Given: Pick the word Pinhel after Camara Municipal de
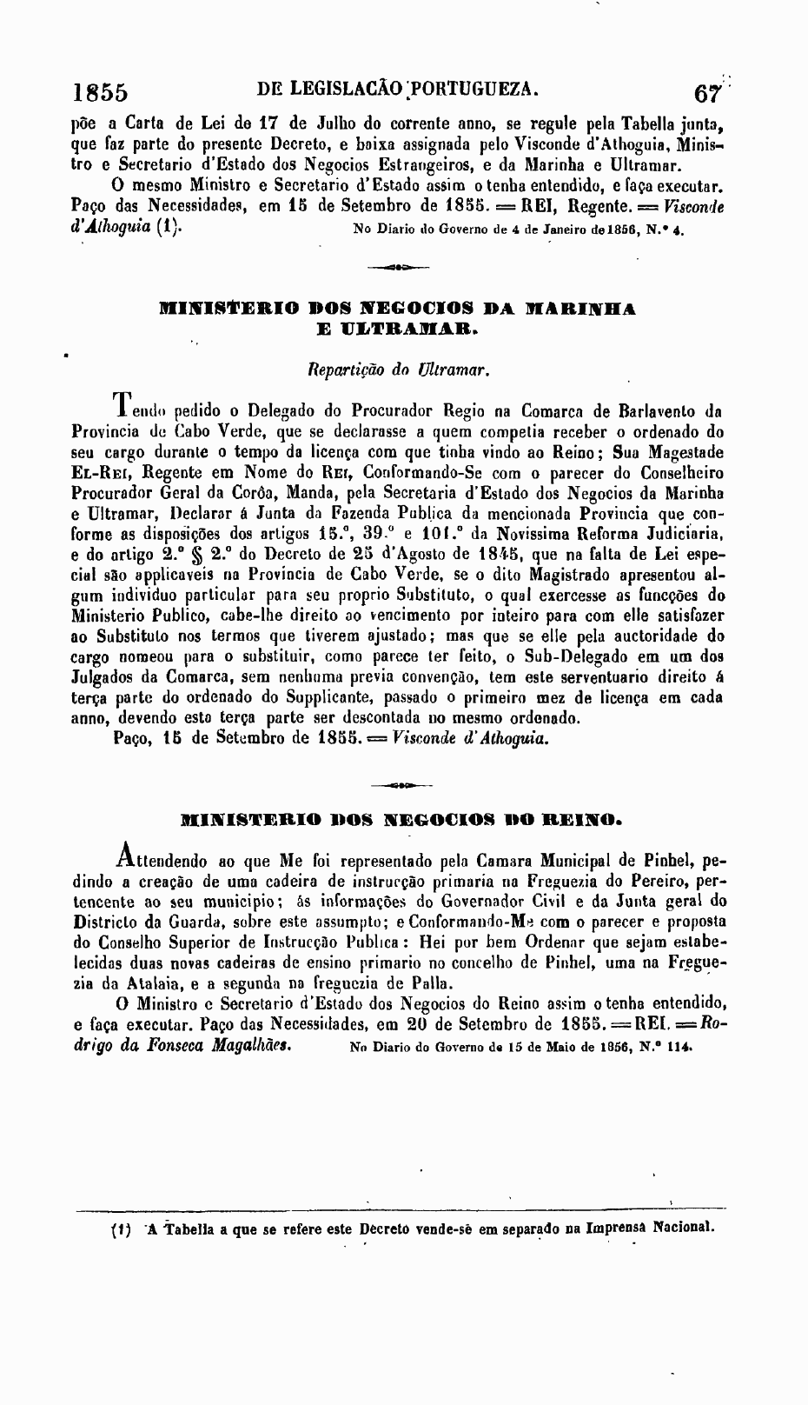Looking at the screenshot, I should tap(667, 862).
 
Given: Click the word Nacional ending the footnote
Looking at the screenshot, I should tap(684, 1229).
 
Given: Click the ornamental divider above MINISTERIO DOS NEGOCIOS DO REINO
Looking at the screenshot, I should tap(401, 786).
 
